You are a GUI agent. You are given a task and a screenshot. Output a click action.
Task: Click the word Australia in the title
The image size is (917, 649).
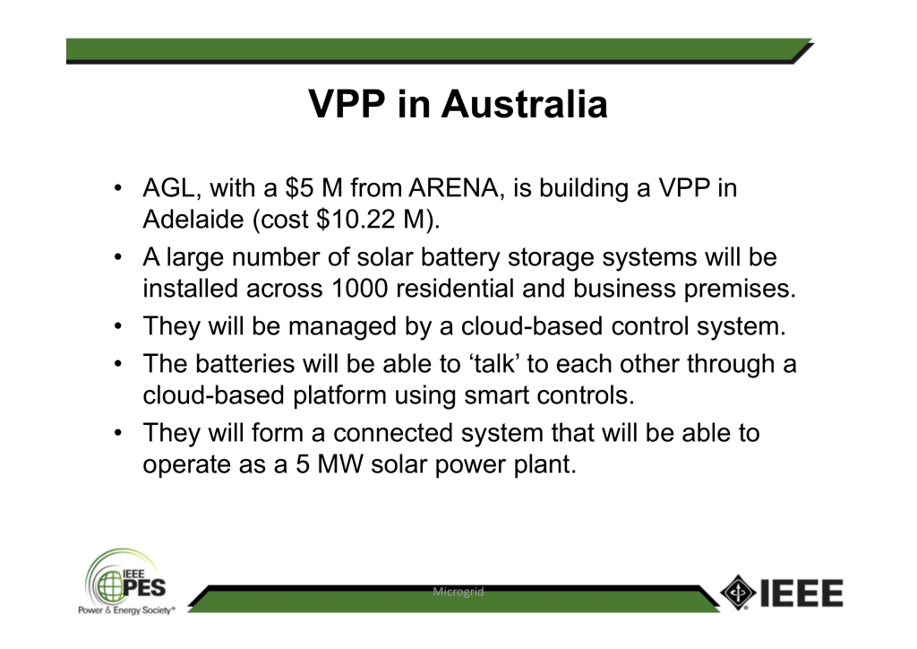point(524,104)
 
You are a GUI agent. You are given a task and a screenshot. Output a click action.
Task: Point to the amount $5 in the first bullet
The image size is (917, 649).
point(299,188)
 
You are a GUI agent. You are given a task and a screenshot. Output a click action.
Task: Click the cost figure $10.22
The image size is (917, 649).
point(356,220)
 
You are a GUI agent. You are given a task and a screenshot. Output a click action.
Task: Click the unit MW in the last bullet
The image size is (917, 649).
point(340,464)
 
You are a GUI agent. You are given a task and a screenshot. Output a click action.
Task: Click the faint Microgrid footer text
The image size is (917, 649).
point(458,592)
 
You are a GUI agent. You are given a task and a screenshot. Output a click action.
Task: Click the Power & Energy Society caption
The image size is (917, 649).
point(126,610)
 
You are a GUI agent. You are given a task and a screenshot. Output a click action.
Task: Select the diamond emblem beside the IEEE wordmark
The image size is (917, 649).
point(738,593)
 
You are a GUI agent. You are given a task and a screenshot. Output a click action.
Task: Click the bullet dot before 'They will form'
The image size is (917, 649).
point(119,433)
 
